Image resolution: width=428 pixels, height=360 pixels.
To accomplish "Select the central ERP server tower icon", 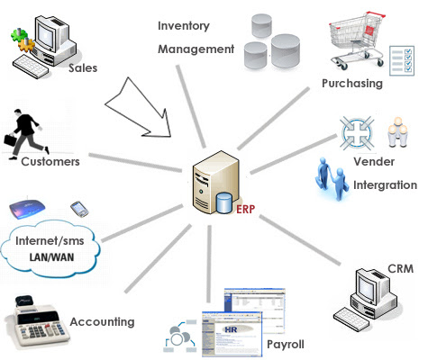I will click(x=214, y=184).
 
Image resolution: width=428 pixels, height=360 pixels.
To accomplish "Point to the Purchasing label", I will click(x=352, y=84).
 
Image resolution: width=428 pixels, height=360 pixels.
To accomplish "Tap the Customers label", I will click(x=50, y=162).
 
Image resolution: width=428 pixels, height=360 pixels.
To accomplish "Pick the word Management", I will click(x=196, y=48).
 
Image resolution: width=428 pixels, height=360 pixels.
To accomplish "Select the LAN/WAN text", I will click(x=51, y=257).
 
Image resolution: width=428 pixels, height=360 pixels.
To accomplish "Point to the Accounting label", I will click(x=102, y=321).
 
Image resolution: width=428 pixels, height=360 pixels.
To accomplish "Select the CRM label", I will click(x=400, y=269).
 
